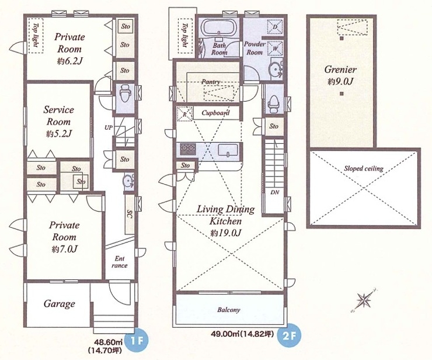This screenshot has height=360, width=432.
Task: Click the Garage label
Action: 59,304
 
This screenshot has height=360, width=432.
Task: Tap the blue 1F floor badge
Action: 137,340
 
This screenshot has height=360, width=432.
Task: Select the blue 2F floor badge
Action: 290,335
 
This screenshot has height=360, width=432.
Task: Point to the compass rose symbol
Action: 364,300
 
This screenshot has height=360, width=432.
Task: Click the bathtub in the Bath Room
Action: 220,27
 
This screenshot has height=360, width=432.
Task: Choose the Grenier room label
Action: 340,69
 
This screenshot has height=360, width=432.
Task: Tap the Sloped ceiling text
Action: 363,168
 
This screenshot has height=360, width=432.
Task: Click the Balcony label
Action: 229,310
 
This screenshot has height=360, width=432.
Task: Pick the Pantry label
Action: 211,82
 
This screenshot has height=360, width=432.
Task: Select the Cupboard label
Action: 215,113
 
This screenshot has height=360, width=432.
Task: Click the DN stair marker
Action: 274,192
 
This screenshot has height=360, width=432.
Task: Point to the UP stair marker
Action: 109,128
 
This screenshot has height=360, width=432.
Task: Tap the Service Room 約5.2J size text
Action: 59,134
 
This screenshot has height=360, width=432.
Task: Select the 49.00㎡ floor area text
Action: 224,334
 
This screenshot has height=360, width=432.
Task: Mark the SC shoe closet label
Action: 130,214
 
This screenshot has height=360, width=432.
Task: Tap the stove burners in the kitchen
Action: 188,149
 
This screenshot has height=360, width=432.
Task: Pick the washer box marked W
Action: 276,49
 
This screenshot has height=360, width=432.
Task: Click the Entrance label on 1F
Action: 120,262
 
